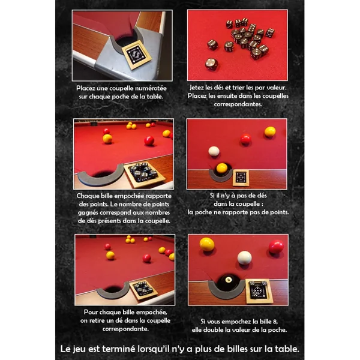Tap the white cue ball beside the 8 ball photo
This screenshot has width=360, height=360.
pos(245,258)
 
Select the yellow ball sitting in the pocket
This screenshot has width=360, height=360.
pos(222,168)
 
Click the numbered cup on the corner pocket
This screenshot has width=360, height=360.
pos(136,55)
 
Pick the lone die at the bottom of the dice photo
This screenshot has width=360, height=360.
pos(211,64)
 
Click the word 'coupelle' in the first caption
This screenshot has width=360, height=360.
pos(122,88)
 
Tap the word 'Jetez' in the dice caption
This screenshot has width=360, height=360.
pos(196,88)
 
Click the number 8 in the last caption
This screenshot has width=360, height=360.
pos(275,322)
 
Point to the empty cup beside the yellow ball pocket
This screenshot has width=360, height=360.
pos(241,178)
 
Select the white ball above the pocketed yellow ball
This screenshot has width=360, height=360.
pos(214,152)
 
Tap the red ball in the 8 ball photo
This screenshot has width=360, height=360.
pos(276,247)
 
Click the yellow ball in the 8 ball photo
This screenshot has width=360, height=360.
pos(207,244)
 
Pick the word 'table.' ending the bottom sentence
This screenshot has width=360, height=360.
pos(287,349)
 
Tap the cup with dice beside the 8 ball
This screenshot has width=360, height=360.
pos(259,291)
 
